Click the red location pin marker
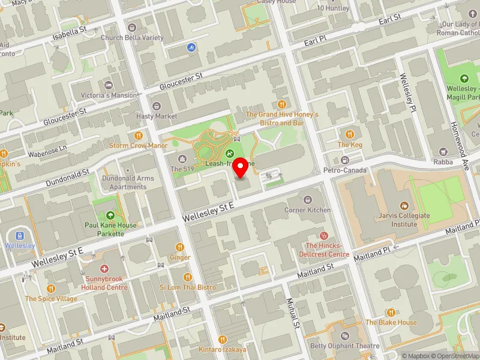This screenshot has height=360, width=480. tap(241, 167)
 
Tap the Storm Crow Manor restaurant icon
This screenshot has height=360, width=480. tap(138, 136)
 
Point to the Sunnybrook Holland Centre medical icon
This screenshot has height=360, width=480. tap(105, 271)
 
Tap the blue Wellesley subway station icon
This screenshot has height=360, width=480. tap(20, 235)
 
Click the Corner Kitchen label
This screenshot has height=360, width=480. tap(307, 210)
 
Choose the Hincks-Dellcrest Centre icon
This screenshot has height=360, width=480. tap(325, 236)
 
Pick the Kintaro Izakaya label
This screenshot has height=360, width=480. tap(223, 349)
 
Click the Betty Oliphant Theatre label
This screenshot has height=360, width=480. tap(344, 346)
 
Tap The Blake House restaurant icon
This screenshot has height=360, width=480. tap(391, 312)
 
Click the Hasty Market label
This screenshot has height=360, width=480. tap(157, 116)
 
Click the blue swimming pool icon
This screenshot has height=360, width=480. tap(191, 47)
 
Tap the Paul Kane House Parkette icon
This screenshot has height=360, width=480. tap(110, 215)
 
